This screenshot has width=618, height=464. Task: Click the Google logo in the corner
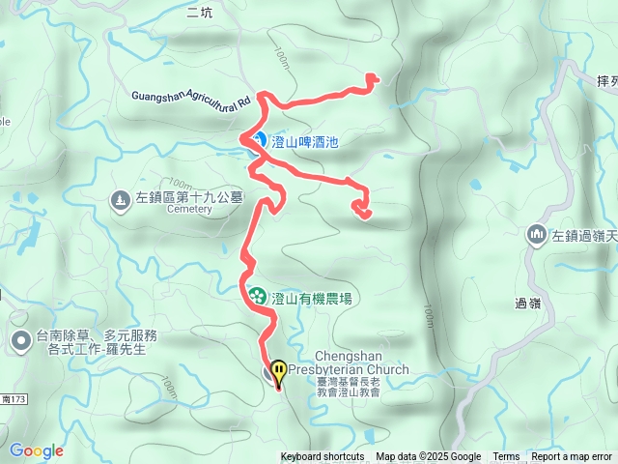pyautogui.click(x=37, y=450)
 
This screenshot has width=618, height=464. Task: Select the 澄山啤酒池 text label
pyautogui.click(x=305, y=141)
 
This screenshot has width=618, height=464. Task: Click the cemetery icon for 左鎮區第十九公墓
pyautogui.click(x=120, y=198)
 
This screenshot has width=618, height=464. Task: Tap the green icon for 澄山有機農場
pyautogui.click(x=258, y=295)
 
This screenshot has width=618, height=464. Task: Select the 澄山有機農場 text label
pyautogui.click(x=311, y=295)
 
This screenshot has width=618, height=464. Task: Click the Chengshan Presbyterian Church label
pyautogui.click(x=361, y=362)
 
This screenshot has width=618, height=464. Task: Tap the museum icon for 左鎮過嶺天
pyautogui.click(x=537, y=235)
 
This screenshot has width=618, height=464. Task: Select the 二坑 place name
pyautogui.click(x=199, y=13)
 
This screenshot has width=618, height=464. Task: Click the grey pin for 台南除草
pyautogui.click(x=20, y=340)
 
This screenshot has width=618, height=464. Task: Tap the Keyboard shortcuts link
pyautogui.click(x=323, y=457)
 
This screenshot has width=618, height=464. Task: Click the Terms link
pyautogui.click(x=506, y=457)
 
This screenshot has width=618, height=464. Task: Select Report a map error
pyautogui.click(x=572, y=457)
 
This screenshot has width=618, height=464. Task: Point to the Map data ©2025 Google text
pyautogui.click(x=429, y=457)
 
